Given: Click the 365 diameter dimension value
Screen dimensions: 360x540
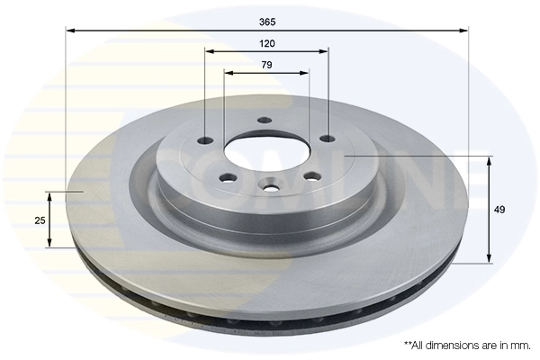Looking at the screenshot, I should click(x=267, y=22).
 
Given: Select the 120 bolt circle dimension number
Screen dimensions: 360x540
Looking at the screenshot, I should click(x=267, y=43).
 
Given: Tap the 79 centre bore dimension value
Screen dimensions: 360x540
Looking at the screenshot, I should click(x=267, y=64).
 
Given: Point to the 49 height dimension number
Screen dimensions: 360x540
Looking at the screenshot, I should click(x=499, y=210).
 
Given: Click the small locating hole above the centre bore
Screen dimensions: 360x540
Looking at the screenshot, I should click(x=264, y=120).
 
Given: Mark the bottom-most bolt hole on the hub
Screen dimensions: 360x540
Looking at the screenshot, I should click(x=267, y=187).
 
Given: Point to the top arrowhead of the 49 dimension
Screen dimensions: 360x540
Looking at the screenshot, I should click(x=489, y=160).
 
